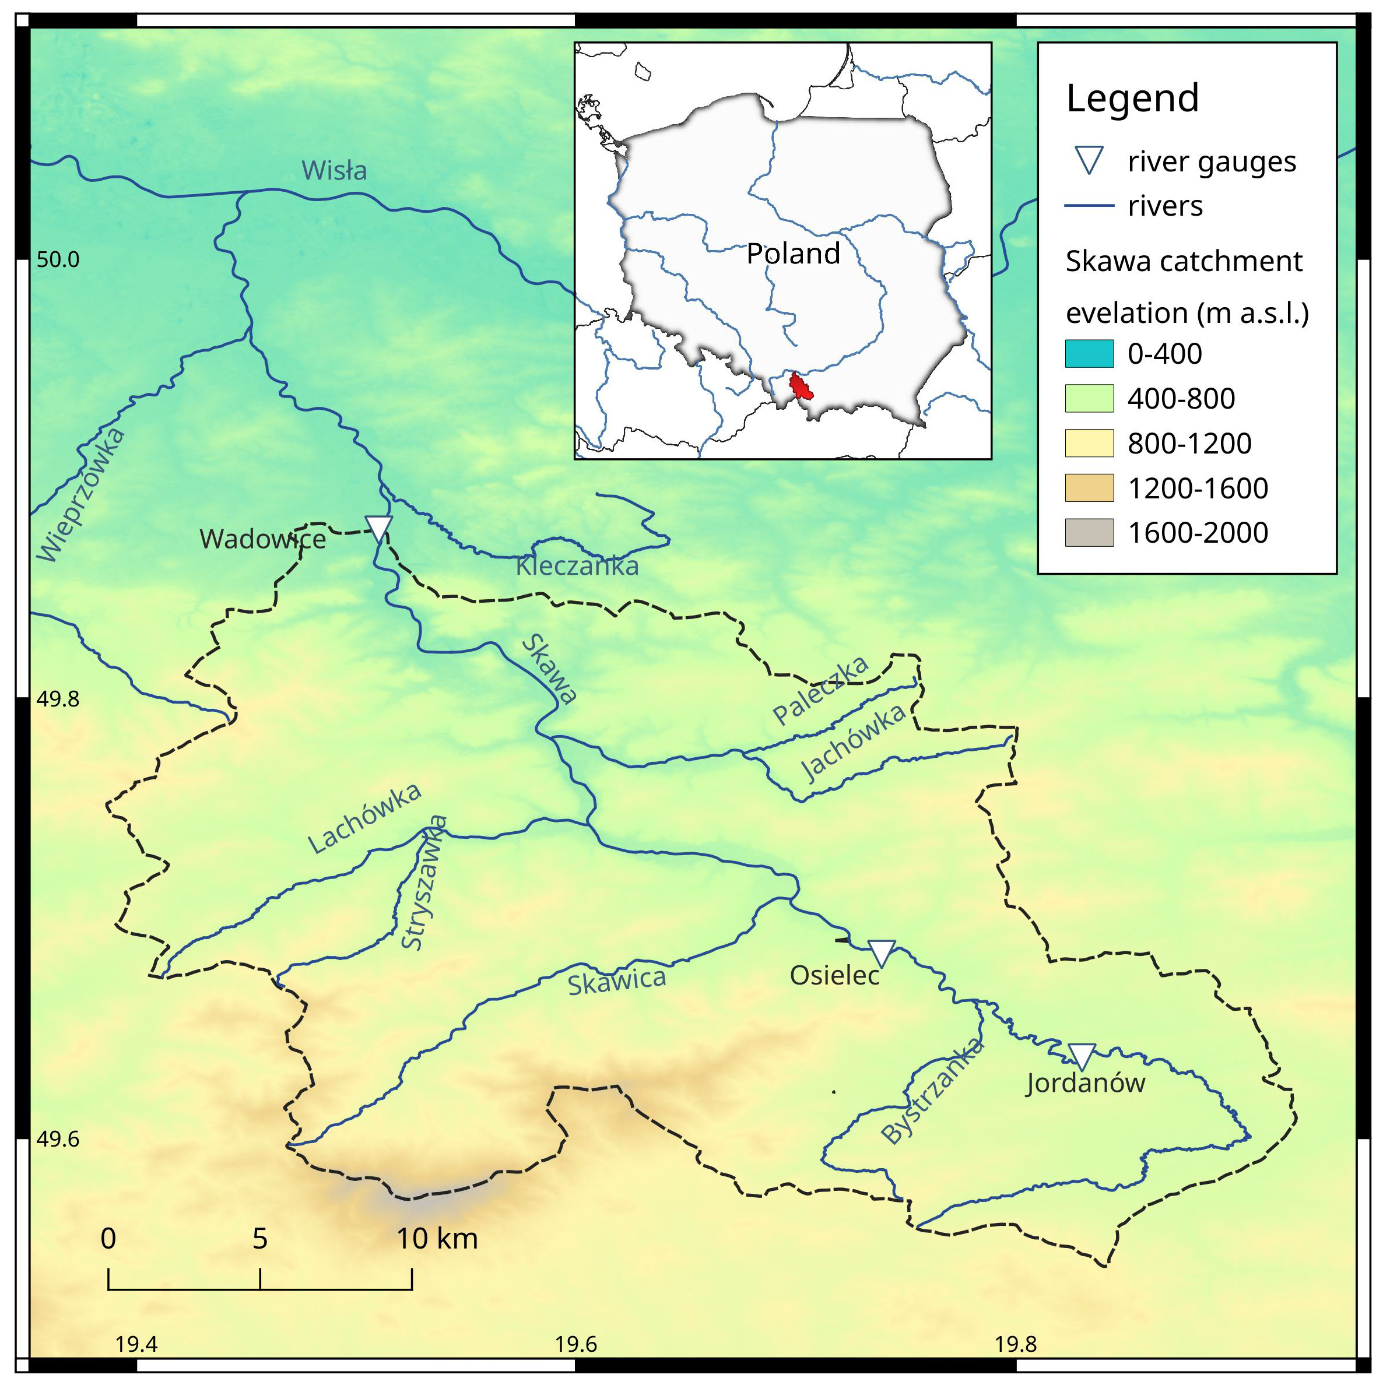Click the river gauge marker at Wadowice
click(x=378, y=528)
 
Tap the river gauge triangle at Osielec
click(x=881, y=952)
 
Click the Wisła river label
click(x=334, y=171)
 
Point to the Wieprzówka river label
click(x=80, y=495)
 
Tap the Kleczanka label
click(x=577, y=567)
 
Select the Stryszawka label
click(x=424, y=883)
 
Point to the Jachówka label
click(x=853, y=743)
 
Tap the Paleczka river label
click(x=820, y=690)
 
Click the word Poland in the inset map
click(x=793, y=254)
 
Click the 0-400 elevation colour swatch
click(x=1089, y=353)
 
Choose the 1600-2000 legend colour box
click(x=1089, y=533)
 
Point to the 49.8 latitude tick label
click(x=58, y=699)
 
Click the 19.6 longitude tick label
click(x=575, y=1344)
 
